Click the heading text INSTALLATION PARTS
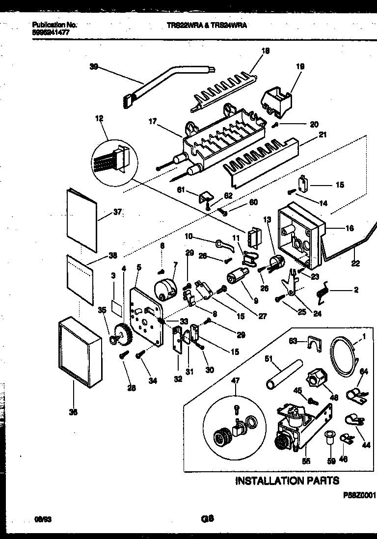coord(287,480)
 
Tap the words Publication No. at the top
coord(54,24)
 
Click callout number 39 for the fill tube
coord(93,68)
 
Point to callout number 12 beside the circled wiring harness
coord(100,118)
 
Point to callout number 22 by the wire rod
coord(355,264)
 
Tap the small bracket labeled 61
coord(203,197)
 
